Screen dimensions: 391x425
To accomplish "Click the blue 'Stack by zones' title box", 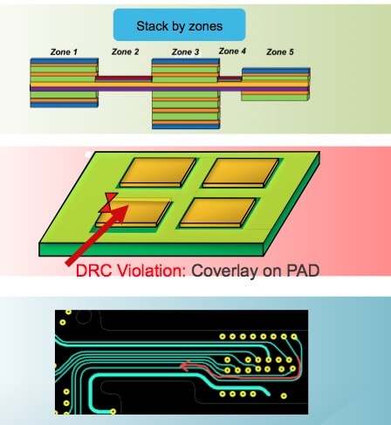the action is click(179, 24).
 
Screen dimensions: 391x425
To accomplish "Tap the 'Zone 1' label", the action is click(64, 52).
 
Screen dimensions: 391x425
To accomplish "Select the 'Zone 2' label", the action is click(125, 51).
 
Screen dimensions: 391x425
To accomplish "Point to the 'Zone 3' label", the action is click(185, 52).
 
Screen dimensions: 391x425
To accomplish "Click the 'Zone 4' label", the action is click(232, 51).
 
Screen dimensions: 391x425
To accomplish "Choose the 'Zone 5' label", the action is click(280, 52).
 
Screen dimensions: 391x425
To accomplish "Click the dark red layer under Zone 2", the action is click(124, 79).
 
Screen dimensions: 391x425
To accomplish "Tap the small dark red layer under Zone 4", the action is click(230, 79).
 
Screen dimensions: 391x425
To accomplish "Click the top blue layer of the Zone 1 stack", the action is click(64, 61).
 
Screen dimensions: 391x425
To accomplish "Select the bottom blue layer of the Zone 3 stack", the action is click(186, 127).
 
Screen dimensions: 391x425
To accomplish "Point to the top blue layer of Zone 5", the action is click(276, 71).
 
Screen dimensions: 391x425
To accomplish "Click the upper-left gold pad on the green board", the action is click(158, 173).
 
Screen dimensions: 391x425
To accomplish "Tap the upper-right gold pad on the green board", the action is click(241, 173).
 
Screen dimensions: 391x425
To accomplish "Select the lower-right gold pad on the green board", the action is click(218, 212).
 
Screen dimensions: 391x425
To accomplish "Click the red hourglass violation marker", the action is click(108, 202).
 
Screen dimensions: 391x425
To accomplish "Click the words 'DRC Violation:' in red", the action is click(131, 271).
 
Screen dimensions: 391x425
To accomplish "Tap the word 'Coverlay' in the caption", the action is click(224, 271).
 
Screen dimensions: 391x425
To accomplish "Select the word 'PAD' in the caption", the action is click(303, 271).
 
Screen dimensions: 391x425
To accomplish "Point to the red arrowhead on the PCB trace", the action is click(185, 366).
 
